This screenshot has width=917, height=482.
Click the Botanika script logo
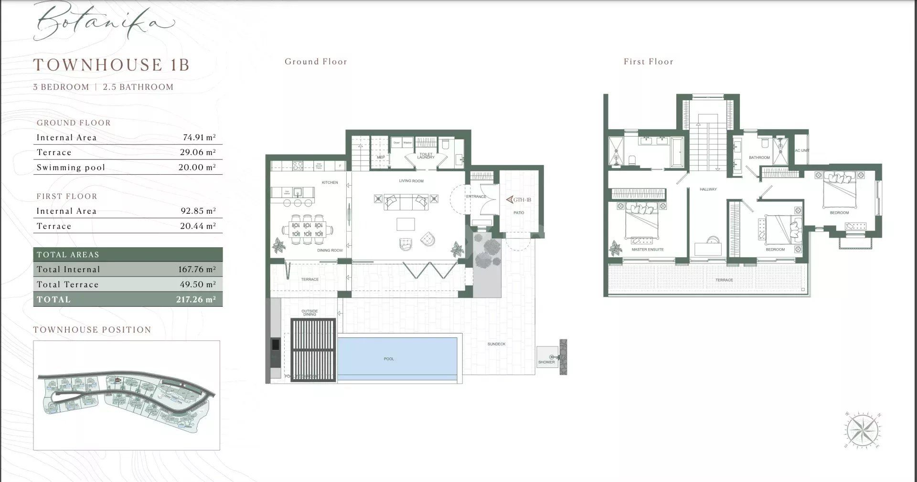(x=103, y=21)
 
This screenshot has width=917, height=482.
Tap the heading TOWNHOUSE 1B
(x=111, y=65)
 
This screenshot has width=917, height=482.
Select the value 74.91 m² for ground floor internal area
(x=199, y=137)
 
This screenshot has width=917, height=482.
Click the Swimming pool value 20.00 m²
(x=197, y=168)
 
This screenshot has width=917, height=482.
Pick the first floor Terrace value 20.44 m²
(x=198, y=226)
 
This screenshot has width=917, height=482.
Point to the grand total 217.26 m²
(x=196, y=300)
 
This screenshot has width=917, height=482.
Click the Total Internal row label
(x=68, y=270)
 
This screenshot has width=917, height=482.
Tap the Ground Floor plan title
(x=316, y=62)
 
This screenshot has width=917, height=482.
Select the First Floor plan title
(x=648, y=62)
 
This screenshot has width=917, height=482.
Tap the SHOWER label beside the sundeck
(x=546, y=362)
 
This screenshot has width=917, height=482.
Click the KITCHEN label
(x=330, y=183)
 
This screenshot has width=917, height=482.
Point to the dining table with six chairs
(x=307, y=230)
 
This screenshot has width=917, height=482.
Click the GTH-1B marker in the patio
(x=519, y=200)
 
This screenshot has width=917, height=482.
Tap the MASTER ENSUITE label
(x=647, y=250)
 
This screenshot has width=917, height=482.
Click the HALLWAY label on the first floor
(x=708, y=189)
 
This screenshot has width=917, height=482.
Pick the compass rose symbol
(x=863, y=430)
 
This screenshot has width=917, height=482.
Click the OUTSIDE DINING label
(x=309, y=313)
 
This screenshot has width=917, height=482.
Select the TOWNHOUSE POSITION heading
(x=92, y=330)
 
